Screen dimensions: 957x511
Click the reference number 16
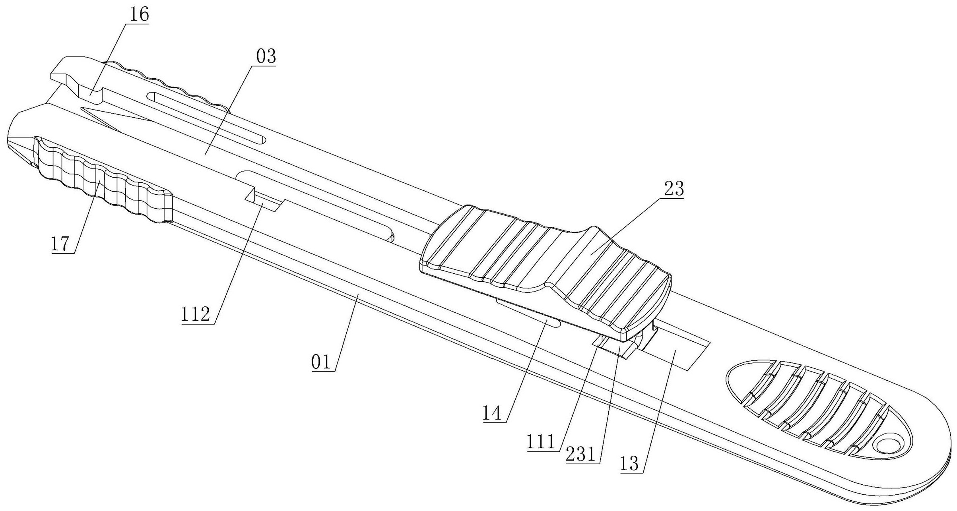click(138, 15)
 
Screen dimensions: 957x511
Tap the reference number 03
click(265, 57)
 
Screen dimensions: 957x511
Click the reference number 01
click(321, 362)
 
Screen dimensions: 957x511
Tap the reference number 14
click(492, 413)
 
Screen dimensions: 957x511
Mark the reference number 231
click(581, 455)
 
